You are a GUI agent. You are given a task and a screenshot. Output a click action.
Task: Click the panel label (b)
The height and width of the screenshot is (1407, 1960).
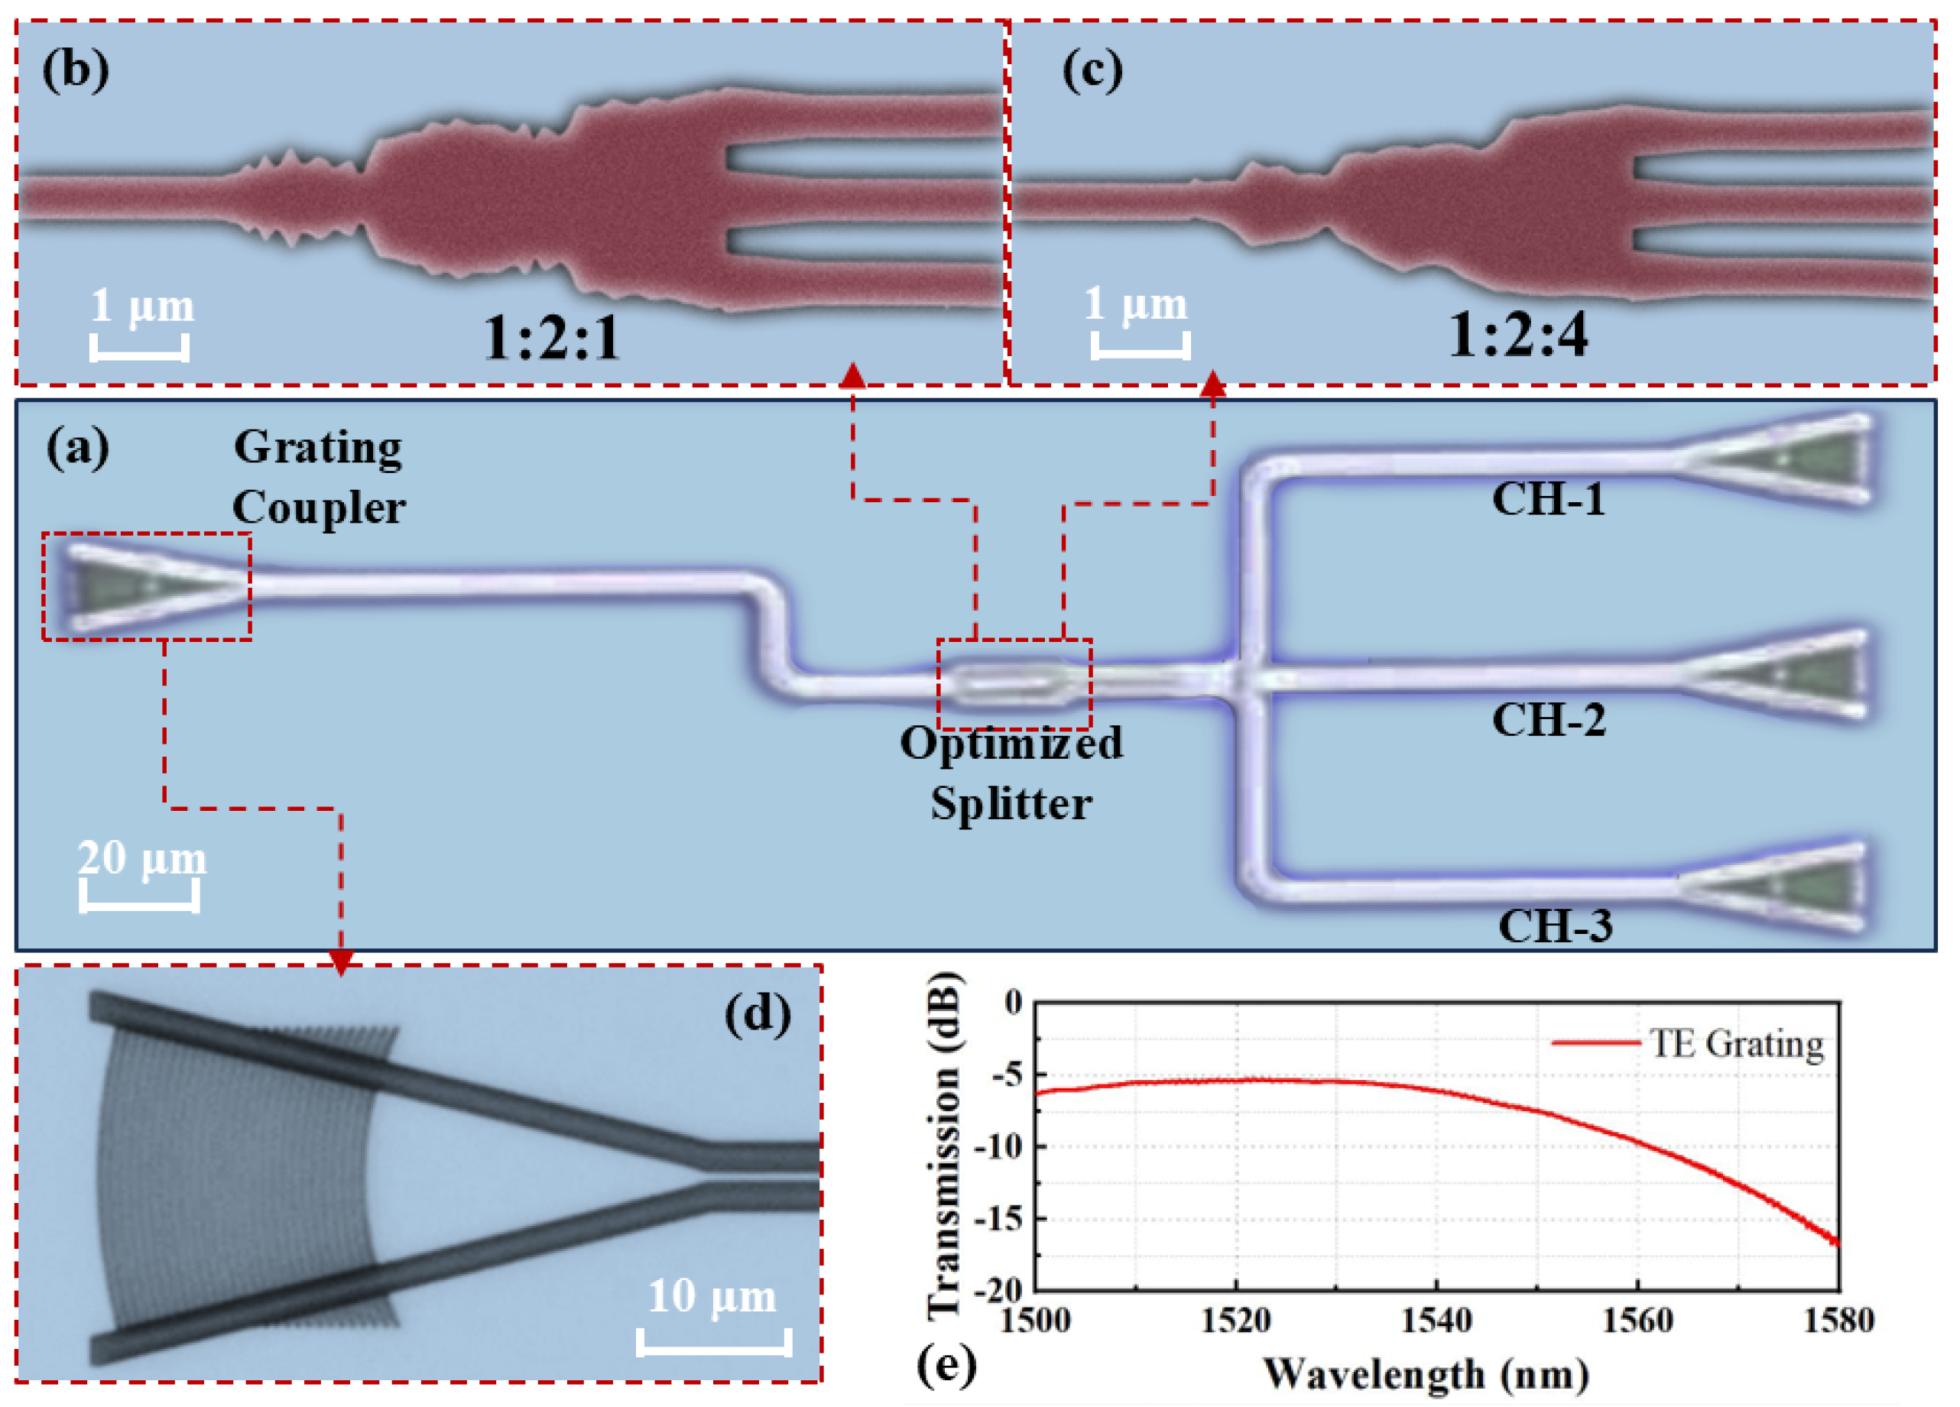click(x=76, y=69)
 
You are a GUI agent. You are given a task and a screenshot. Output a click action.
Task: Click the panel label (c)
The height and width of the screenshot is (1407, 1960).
click(x=1092, y=69)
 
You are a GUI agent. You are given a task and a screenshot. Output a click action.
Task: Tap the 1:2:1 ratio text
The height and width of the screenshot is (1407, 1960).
click(x=551, y=337)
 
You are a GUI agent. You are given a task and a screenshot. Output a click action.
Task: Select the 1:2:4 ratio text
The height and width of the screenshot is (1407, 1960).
click(x=1517, y=336)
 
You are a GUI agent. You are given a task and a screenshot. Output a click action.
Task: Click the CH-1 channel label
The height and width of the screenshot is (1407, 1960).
click(x=1549, y=498)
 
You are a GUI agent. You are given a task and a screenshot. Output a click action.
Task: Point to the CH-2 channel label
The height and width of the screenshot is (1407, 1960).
click(x=1549, y=719)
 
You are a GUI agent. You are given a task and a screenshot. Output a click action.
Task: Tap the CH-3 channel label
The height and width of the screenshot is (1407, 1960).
click(x=1555, y=926)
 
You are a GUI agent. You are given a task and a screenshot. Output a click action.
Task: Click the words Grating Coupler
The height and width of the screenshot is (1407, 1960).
click(x=318, y=477)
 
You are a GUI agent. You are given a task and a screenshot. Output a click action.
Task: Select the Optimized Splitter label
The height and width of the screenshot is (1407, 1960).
click(x=1011, y=773)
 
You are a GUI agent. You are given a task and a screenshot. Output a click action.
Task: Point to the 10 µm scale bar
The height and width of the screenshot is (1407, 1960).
click(x=714, y=1342)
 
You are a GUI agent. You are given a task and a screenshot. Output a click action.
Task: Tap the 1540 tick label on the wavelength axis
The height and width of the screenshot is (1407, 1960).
click(x=1436, y=1321)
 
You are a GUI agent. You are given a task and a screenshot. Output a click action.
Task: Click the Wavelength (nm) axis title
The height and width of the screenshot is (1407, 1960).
click(x=1426, y=1373)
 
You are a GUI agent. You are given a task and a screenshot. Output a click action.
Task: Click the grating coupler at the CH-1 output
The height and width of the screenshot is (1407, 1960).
click(x=1780, y=458)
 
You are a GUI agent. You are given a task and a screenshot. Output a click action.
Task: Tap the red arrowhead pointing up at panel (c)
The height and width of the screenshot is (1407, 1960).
click(x=1214, y=384)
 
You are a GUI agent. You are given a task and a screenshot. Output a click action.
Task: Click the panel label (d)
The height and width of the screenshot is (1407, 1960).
click(x=757, y=1013)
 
